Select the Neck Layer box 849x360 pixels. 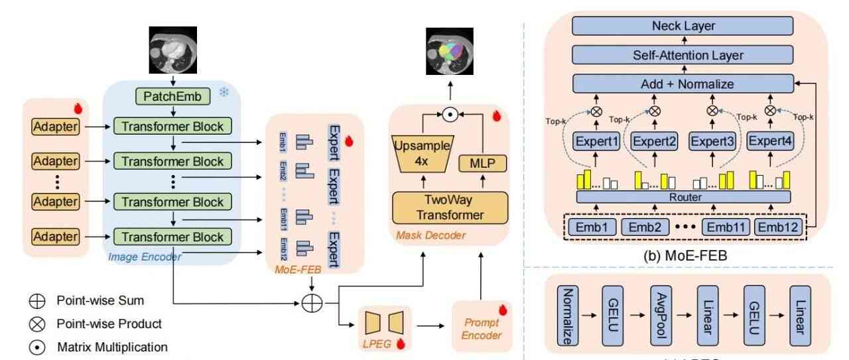pyautogui.click(x=683, y=27)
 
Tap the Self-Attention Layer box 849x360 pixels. pyautogui.click(x=683, y=55)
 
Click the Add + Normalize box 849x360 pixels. pyautogui.click(x=683, y=84)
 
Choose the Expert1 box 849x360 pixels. pyautogui.click(x=596, y=141)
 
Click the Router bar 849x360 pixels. pyautogui.click(x=683, y=197)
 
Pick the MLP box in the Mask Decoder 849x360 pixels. pyautogui.click(x=482, y=163)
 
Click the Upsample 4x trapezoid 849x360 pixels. pyautogui.click(x=423, y=153)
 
